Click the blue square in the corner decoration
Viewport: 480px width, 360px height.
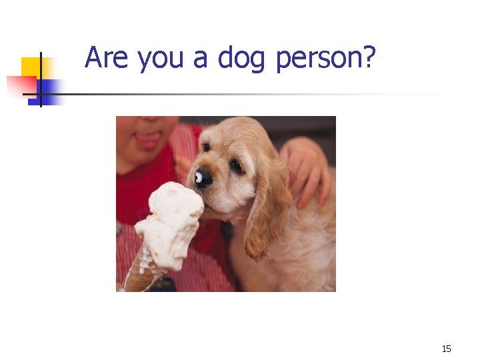coord(51,87)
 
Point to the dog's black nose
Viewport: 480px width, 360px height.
coord(203,177)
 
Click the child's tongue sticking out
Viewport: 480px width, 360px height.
coord(147,141)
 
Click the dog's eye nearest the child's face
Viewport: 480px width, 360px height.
coord(207,147)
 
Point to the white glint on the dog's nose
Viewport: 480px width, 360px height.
coord(199,177)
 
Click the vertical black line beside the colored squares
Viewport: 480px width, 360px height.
coord(40,80)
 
